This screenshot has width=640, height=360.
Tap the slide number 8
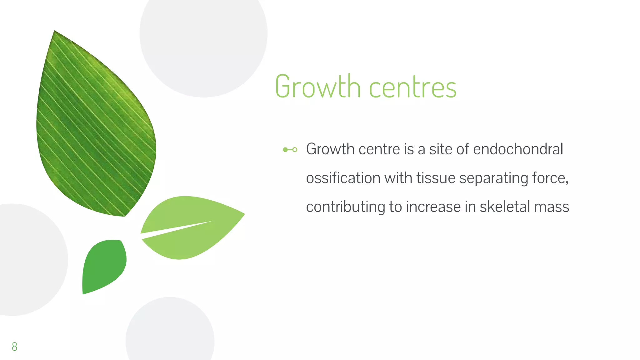[x=14, y=346]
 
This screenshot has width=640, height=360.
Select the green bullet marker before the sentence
[x=290, y=150]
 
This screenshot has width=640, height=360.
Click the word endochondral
[x=518, y=149]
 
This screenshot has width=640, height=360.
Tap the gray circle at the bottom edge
[x=170, y=331]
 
